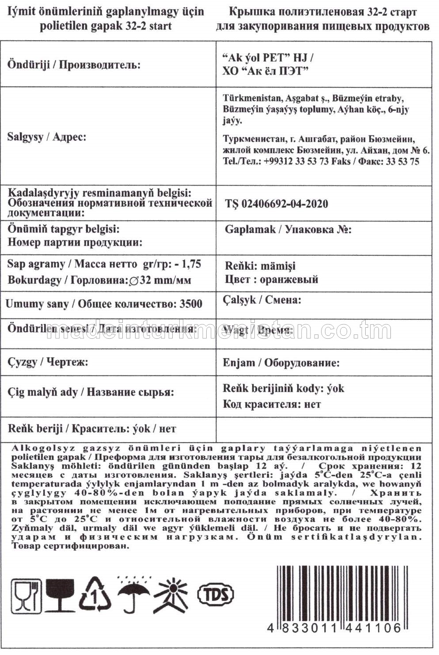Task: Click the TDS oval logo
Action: point(215,594)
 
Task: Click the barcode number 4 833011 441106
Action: point(334,628)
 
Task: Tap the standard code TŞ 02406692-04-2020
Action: point(276,204)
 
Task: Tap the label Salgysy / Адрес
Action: point(46,137)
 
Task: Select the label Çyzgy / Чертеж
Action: point(48,362)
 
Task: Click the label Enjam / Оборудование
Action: point(281,363)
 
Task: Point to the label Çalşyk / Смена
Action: point(262,300)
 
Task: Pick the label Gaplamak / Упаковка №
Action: point(288,230)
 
